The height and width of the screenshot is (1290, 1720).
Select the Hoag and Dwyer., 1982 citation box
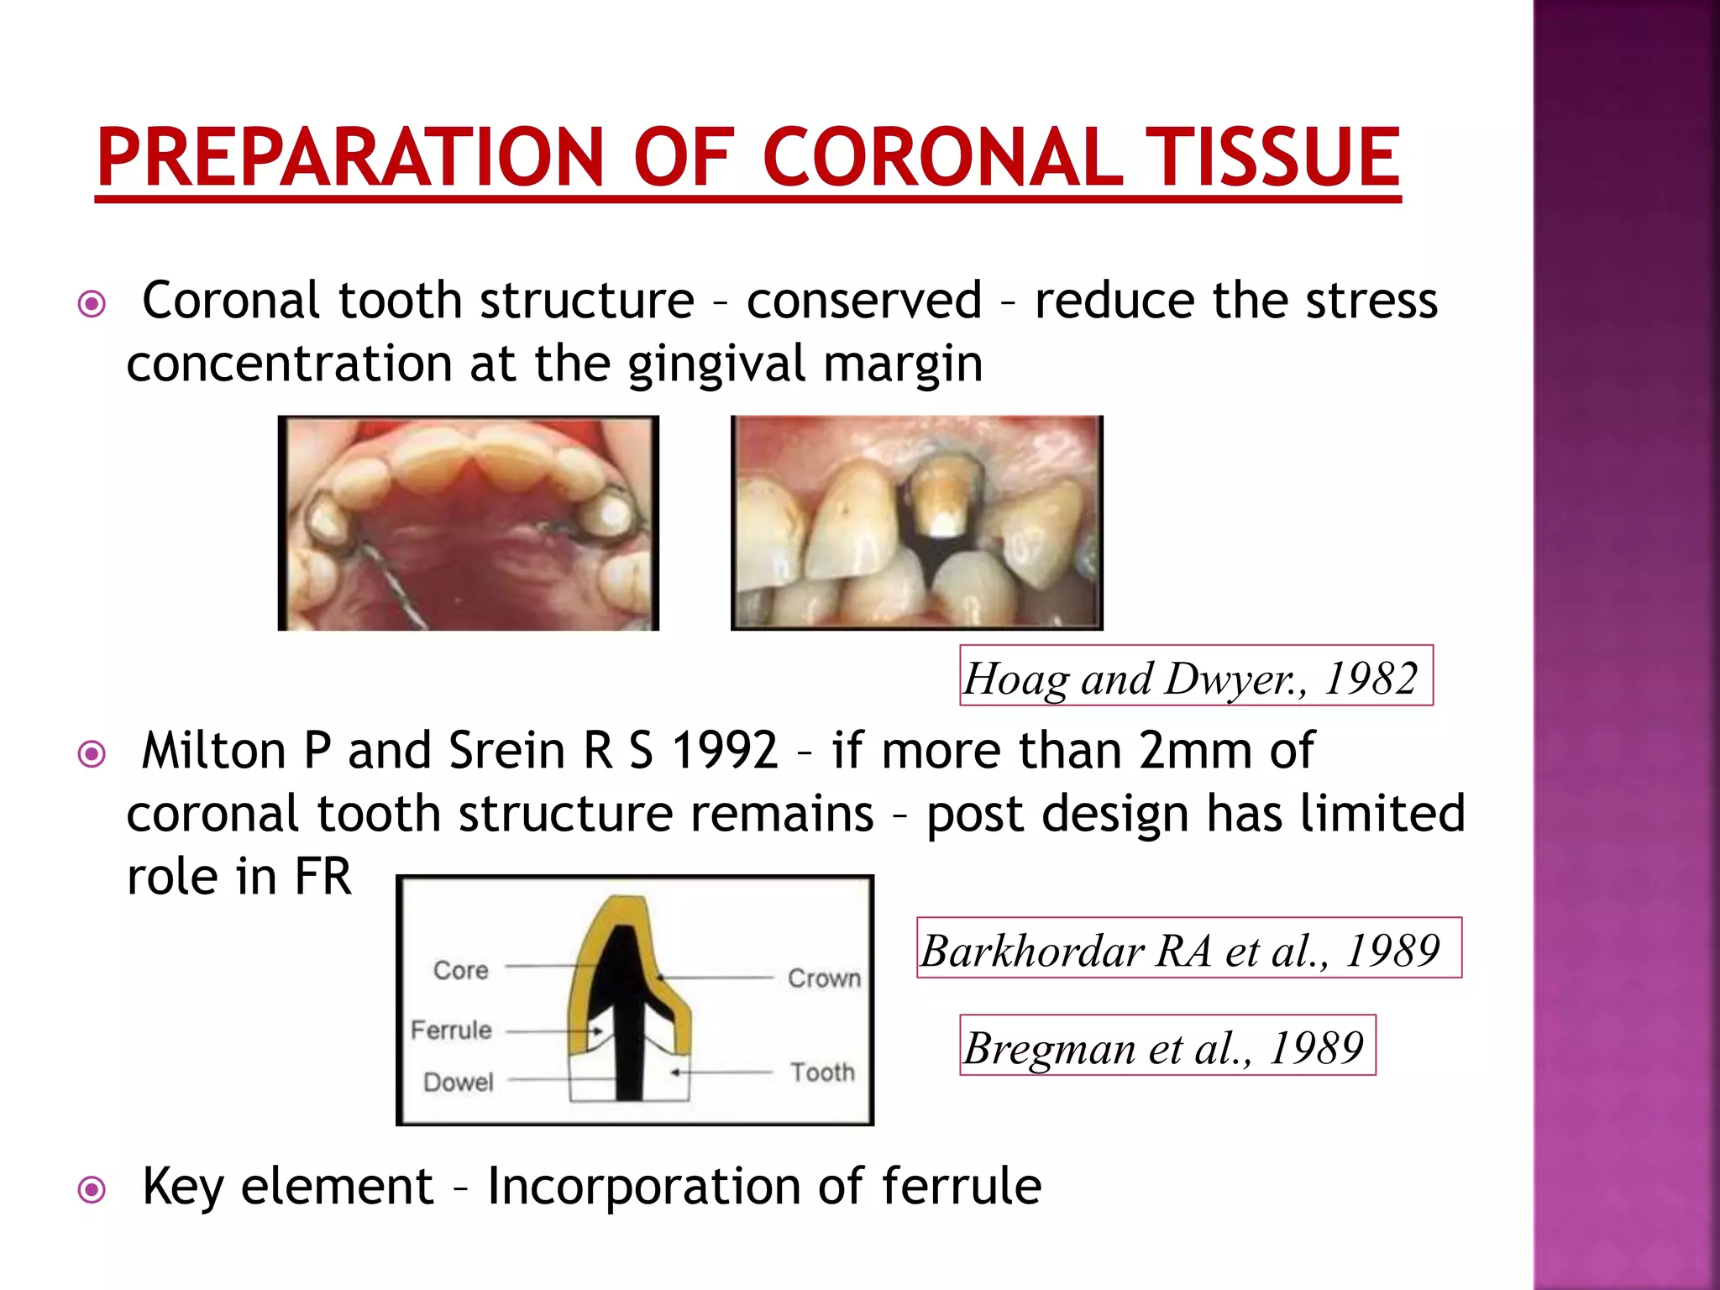1195,677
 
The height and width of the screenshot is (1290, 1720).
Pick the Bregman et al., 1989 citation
1167,1046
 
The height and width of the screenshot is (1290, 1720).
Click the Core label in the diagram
461,970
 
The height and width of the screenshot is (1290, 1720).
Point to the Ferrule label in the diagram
451,1030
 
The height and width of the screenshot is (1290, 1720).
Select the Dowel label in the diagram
458,1082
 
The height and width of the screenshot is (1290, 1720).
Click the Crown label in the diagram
824,978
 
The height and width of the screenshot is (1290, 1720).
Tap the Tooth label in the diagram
822,1072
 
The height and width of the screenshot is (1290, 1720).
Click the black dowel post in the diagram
628,1050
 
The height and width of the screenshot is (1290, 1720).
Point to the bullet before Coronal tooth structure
92,303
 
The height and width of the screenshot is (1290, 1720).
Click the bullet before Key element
92,1189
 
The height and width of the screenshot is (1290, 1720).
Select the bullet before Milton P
92,753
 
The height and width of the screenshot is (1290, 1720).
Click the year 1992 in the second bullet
725,750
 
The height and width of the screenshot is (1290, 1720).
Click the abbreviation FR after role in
322,877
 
